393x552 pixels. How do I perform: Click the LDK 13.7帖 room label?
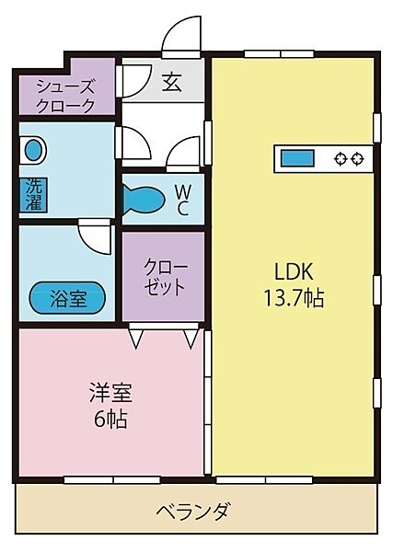294,285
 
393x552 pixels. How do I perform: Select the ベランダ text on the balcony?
193,512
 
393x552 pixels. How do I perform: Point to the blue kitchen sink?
297,158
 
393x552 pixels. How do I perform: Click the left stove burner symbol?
341,159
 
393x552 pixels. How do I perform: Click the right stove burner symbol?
357,159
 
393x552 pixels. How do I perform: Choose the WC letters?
183,200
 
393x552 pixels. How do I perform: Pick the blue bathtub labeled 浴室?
67,298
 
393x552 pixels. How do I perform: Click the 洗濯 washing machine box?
33,195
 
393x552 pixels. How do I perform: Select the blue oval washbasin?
34,151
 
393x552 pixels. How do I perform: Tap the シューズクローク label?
65,96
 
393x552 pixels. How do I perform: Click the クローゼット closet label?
164,278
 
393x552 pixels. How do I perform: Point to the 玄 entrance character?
172,83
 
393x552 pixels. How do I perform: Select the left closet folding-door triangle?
136,338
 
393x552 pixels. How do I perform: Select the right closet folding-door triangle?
191,338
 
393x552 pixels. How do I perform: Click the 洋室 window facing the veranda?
112,480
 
